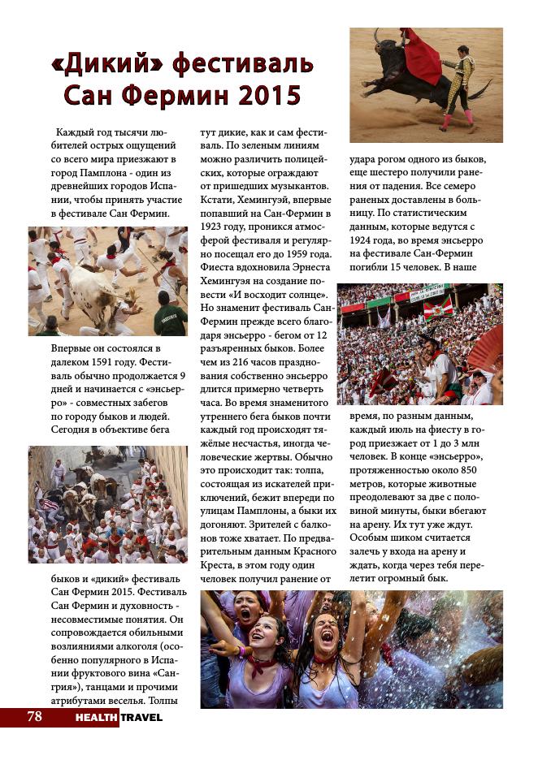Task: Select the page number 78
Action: pos(34,716)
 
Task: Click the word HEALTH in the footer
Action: pos(97,718)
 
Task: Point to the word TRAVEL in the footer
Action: pos(141,718)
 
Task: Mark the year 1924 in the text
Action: pos(364,241)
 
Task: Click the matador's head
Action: pos(466,53)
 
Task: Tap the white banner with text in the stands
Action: pos(428,291)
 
